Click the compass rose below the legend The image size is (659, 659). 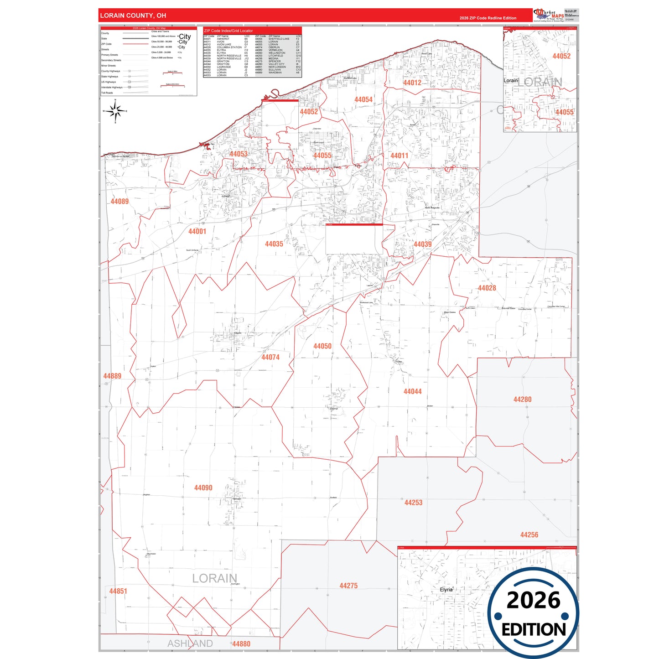click(x=115, y=111)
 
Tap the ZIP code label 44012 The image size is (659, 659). click(x=412, y=83)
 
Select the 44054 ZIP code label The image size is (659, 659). click(x=363, y=99)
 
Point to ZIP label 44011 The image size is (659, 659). click(x=399, y=156)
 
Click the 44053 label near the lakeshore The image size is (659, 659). click(x=238, y=154)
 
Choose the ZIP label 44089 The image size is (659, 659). click(x=119, y=201)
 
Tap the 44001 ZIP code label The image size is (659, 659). click(x=197, y=231)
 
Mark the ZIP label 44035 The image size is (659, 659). click(x=274, y=244)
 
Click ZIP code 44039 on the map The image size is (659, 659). click(x=422, y=244)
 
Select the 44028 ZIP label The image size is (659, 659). click(x=487, y=288)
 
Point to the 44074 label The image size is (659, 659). click(x=270, y=357)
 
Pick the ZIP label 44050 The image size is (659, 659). click(x=322, y=346)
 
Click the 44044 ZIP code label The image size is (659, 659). click(x=412, y=391)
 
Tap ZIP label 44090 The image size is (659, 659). click(x=203, y=488)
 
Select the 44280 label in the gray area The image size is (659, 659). click(x=522, y=399)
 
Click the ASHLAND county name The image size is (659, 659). click(x=190, y=643)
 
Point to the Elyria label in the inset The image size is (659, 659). click(x=446, y=589)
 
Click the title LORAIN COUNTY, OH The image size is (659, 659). click(x=133, y=16)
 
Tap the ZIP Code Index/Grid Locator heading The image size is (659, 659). click(x=228, y=31)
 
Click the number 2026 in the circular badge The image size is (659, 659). click(x=533, y=600)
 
